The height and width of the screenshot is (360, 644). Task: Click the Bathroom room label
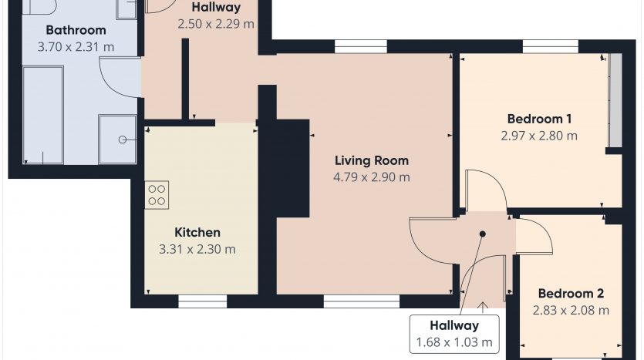coord(76,30)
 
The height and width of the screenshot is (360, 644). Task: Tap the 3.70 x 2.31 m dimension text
coord(76,47)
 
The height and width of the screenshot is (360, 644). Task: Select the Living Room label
coord(372,160)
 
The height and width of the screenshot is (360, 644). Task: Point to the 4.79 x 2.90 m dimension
coord(372,177)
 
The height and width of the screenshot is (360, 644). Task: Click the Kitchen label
coord(197,232)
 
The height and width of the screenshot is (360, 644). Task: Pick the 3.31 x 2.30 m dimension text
coord(197,249)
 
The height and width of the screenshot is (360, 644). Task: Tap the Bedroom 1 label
coord(539,119)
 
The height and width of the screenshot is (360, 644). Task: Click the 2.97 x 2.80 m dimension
coord(539,136)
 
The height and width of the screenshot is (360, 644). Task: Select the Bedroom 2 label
coord(571,294)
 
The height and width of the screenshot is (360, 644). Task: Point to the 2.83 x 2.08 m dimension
coord(571,311)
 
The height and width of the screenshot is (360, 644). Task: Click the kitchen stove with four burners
coord(157,195)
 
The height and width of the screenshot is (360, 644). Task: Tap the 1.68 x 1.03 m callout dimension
coord(454,342)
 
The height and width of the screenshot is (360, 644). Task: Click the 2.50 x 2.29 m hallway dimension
coord(216,24)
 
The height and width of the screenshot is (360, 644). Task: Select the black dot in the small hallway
coord(483,234)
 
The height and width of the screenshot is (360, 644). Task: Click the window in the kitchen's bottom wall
coord(203,301)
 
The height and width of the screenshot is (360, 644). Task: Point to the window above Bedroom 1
coord(551,47)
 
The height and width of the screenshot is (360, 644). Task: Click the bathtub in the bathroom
coord(43,116)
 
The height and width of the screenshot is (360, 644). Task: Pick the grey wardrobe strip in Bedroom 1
coord(615,100)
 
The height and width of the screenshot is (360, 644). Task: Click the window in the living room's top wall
coord(361,47)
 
